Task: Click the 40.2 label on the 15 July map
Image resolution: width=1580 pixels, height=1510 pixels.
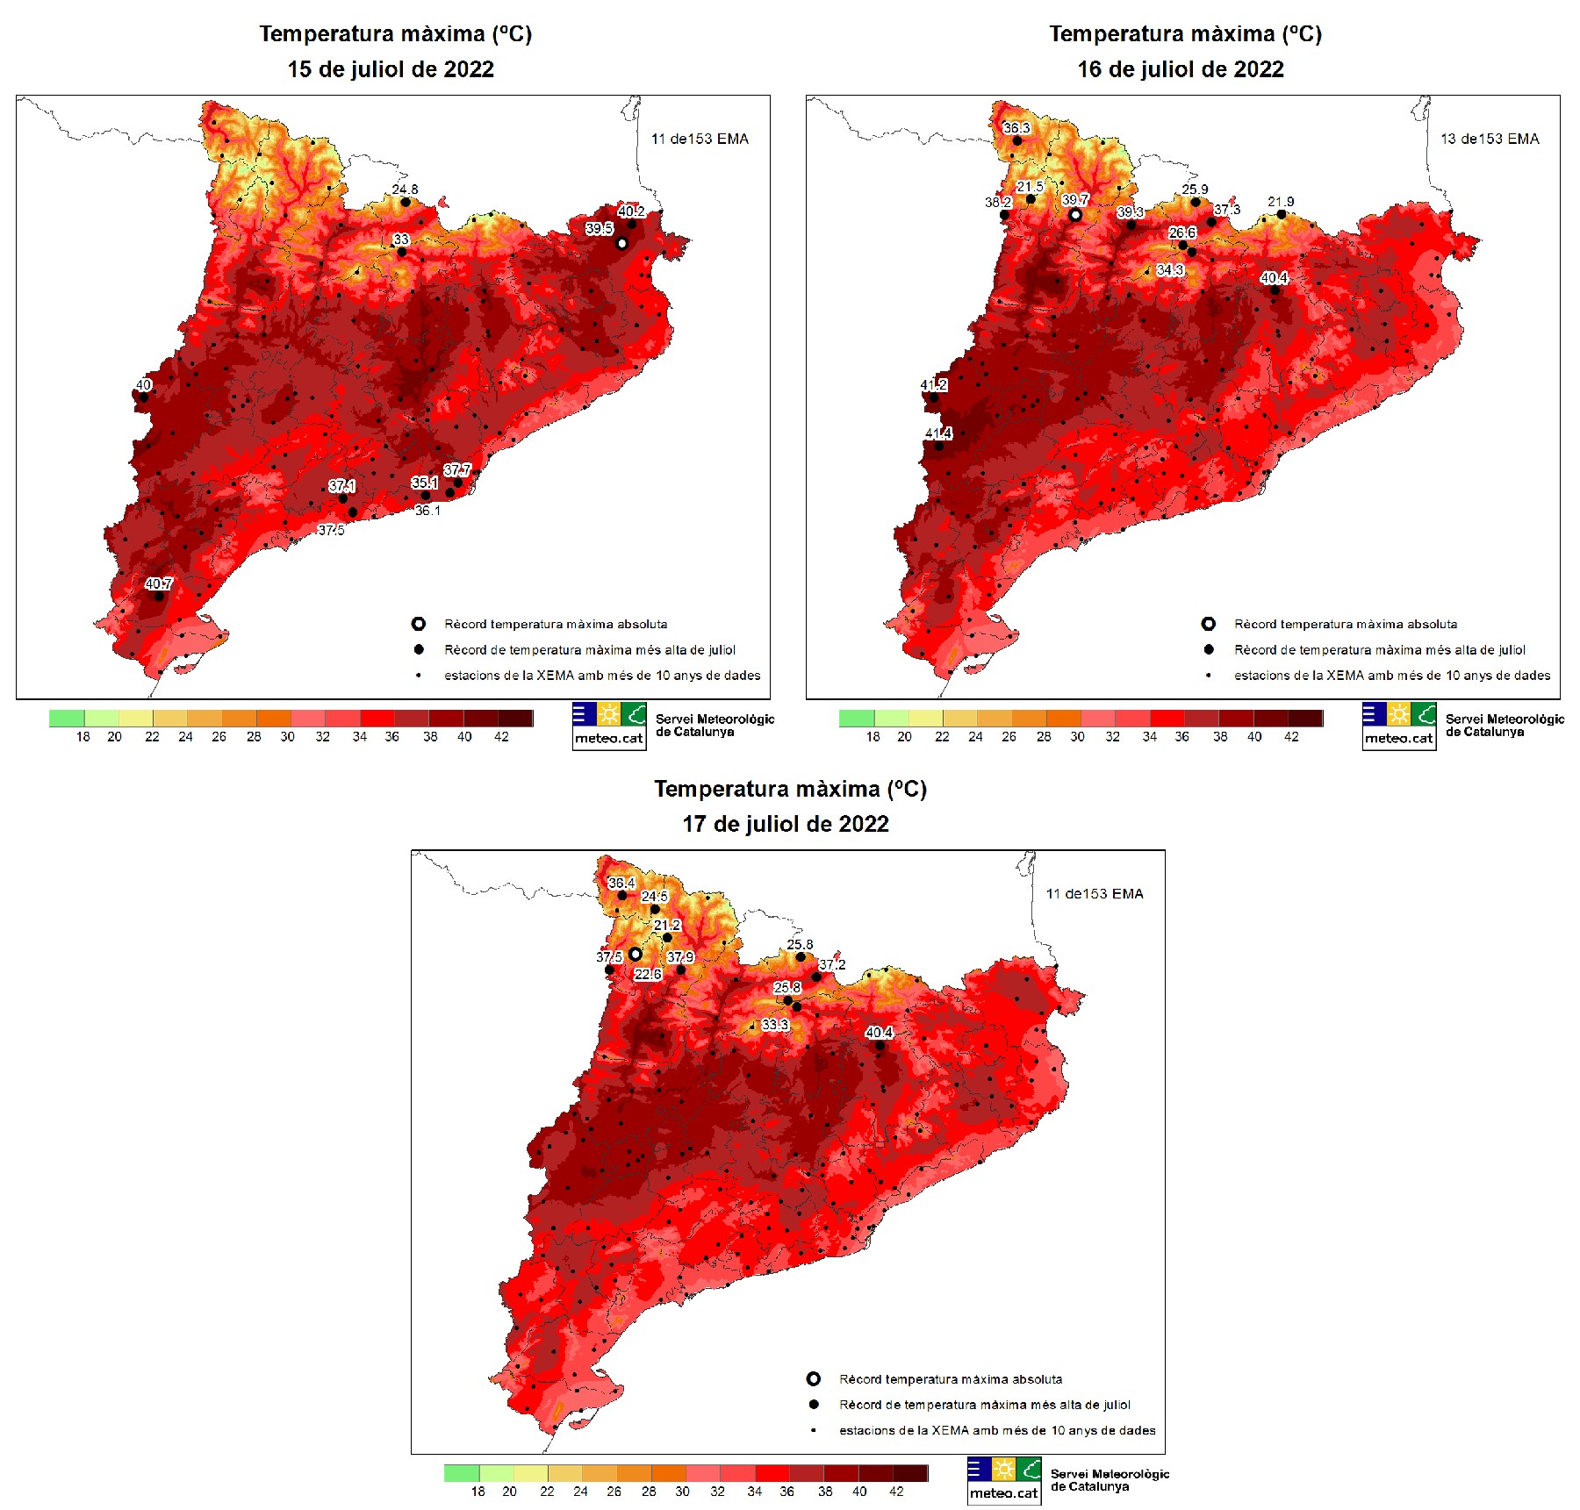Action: click(x=631, y=211)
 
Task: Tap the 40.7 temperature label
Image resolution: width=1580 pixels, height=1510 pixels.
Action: click(x=159, y=583)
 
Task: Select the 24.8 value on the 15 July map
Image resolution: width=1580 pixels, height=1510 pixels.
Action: click(x=405, y=190)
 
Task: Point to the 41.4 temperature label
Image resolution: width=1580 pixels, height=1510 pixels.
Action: click(x=938, y=433)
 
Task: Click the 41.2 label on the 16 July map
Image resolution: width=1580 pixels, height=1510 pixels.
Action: click(x=933, y=385)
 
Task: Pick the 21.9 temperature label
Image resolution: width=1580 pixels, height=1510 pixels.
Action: click(x=1281, y=202)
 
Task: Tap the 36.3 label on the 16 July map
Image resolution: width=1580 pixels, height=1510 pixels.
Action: click(x=1016, y=128)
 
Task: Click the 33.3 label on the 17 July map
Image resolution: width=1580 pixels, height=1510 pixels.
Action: click(x=775, y=1024)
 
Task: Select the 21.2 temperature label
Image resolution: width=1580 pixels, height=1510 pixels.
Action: click(x=667, y=925)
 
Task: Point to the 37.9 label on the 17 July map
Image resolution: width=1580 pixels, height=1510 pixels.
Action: click(x=680, y=957)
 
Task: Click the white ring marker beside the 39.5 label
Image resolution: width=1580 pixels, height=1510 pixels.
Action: click(x=621, y=243)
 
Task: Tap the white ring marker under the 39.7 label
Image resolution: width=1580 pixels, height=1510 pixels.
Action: click(x=1075, y=214)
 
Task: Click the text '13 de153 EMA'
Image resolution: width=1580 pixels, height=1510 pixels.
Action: click(x=1490, y=139)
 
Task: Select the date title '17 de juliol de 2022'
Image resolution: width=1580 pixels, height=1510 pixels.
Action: click(x=786, y=824)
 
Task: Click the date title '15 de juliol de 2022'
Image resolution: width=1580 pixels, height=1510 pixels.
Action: click(x=391, y=69)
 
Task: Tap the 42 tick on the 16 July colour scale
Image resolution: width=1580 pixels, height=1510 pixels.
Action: click(x=1291, y=737)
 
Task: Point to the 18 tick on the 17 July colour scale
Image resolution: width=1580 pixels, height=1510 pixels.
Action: click(x=478, y=1492)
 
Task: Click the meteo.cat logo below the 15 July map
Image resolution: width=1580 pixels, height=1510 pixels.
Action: click(x=609, y=726)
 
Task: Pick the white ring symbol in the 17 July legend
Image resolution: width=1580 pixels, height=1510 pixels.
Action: click(x=814, y=1379)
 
